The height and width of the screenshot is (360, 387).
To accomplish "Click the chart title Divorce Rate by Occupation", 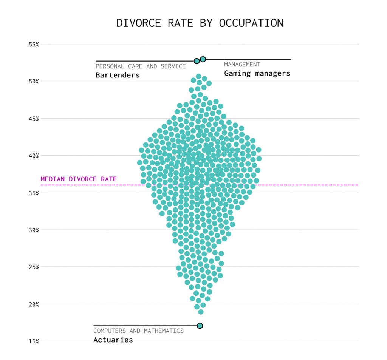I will coord(200,23).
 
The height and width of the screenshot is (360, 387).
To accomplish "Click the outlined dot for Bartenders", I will coord(197,61).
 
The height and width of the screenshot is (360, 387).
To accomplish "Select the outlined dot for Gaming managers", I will coord(203,59).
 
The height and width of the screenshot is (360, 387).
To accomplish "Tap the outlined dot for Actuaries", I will coord(200,326).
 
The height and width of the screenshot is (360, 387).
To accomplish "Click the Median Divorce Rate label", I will coord(79,179).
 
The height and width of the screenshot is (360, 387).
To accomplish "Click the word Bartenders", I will coord(118,75).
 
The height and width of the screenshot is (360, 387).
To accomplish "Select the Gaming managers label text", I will coord(257,73).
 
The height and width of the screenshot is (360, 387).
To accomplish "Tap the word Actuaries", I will coord(113,340).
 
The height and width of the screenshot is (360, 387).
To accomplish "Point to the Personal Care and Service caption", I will coord(141,66).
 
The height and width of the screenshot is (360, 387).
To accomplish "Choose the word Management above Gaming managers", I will coord(242,65).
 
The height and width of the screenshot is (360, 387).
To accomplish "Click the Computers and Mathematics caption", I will coord(138,331).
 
